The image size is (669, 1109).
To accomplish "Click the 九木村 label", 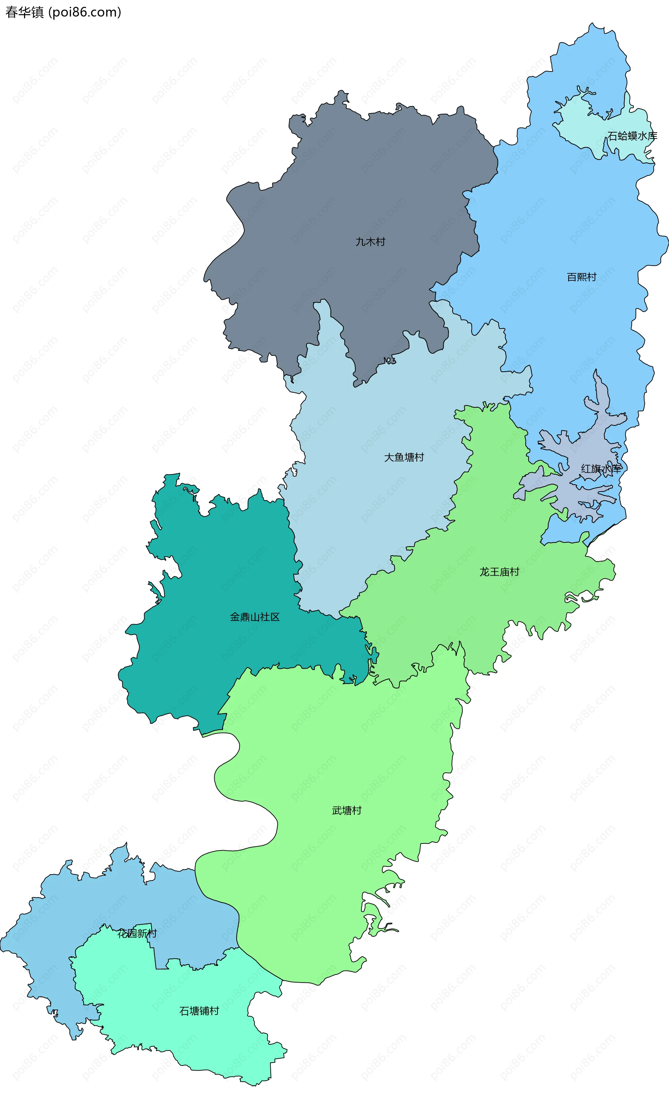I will coord(370,242).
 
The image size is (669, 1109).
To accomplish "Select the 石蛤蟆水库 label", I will coord(632,136).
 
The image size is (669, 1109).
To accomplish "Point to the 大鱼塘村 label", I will coord(404,458).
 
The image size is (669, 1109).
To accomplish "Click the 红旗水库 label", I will coord(601,469).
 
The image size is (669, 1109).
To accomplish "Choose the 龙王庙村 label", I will coord(499,572).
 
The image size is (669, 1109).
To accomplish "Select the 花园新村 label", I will coord(137,934).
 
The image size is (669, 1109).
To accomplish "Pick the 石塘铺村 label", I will coord(199,1011).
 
